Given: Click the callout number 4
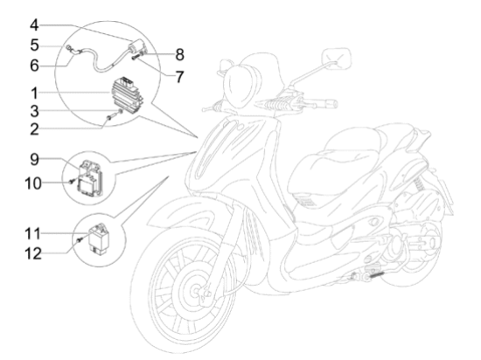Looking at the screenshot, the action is point(34,25).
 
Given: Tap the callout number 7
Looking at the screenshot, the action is point(179,77).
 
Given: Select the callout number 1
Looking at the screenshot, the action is point(35,93).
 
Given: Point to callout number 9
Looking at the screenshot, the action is point(35,160).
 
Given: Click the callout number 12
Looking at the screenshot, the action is point(33,253).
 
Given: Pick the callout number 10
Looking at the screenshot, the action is point(33,183).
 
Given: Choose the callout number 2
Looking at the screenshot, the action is point(35,129).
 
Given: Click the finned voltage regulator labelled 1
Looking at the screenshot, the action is point(128,93).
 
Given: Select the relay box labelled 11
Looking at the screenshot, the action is point(99,239).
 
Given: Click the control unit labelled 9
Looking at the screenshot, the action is point(91,178).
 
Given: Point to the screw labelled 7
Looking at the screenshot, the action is point(137,58).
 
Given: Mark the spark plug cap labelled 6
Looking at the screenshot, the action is point(73,51).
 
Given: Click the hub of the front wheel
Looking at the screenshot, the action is point(196,290).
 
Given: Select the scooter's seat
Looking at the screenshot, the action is point(352,159).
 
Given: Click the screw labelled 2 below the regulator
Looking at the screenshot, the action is point(113,116).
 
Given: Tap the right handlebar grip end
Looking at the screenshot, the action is point(332,104).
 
